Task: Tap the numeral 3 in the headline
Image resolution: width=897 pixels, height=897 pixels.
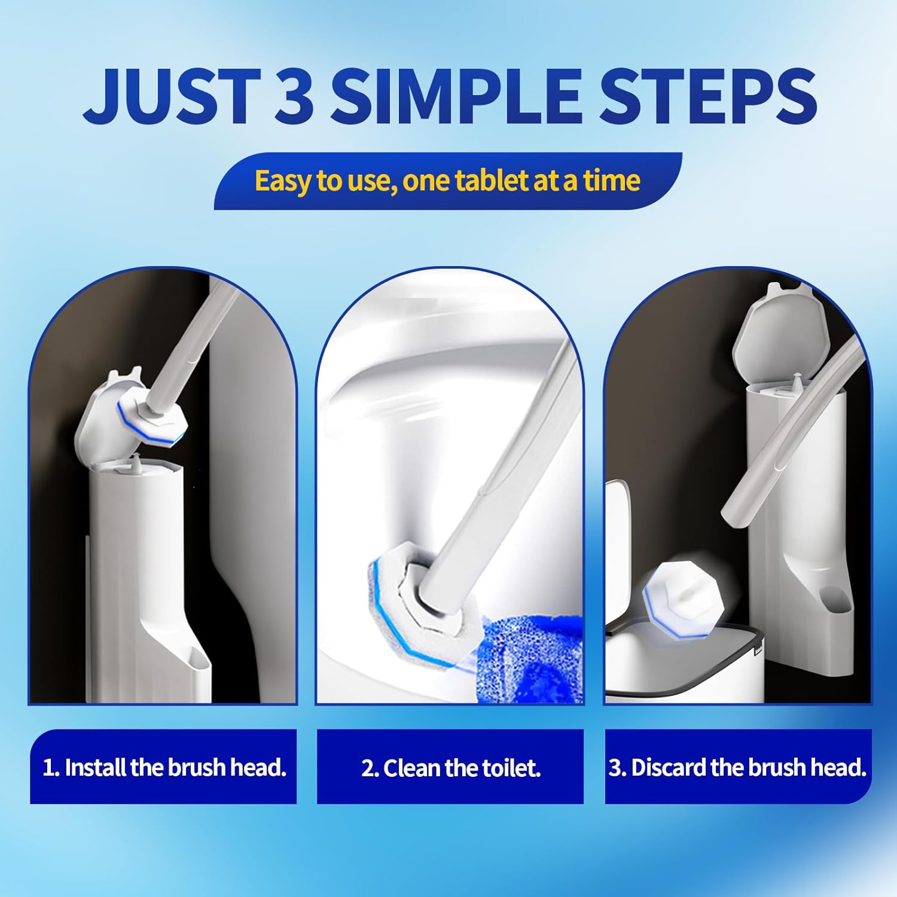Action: click(x=294, y=94)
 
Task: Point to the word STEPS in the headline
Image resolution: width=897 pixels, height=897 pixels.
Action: click(x=708, y=94)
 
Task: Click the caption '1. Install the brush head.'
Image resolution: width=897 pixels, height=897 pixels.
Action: click(x=164, y=767)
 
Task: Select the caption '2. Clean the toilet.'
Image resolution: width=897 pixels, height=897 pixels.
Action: click(x=450, y=768)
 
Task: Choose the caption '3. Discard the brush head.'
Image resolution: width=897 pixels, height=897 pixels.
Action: click(x=737, y=767)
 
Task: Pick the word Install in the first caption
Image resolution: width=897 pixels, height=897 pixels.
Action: click(x=96, y=767)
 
